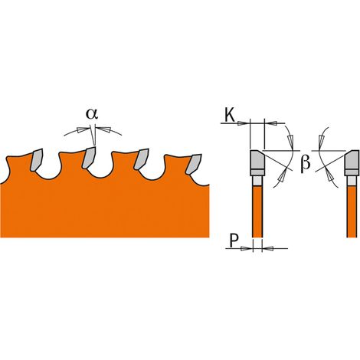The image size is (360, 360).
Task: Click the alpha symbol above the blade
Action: click(x=92, y=114)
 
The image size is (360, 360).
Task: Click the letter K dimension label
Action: click(x=229, y=115)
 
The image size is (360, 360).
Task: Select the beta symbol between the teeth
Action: click(x=305, y=163)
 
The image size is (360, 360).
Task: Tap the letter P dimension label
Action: click(x=234, y=241)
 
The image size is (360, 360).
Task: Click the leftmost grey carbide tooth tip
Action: click(x=36, y=160)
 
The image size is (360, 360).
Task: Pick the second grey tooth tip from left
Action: click(x=89, y=158)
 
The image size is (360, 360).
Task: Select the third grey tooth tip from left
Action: click(x=141, y=159)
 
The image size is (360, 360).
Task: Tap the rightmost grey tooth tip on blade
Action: click(x=194, y=164)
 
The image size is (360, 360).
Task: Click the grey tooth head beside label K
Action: click(x=257, y=160)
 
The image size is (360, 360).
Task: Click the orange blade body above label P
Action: click(x=257, y=211)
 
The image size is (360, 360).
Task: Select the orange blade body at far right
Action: click(x=352, y=211)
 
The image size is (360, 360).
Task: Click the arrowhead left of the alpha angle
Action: click(x=82, y=129)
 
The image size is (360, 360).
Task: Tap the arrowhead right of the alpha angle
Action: click(x=105, y=129)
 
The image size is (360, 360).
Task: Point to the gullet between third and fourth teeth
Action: click(x=152, y=175)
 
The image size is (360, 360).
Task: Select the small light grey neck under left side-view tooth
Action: click(x=257, y=181)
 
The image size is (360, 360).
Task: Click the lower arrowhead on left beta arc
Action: click(x=282, y=176)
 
